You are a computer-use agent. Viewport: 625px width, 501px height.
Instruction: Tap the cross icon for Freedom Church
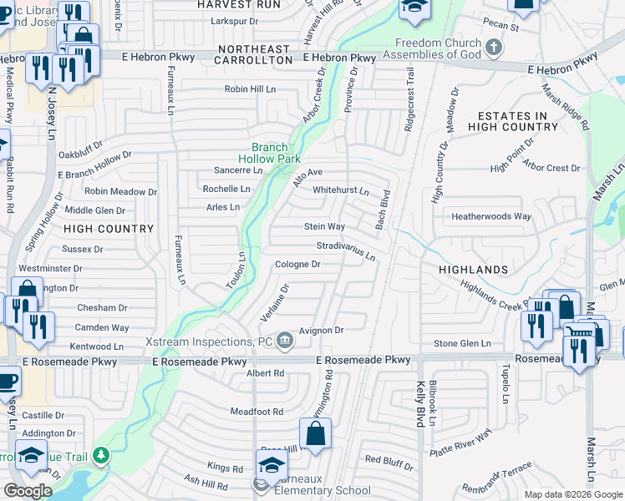click(x=495, y=45)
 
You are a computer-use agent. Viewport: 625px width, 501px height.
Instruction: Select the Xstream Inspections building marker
click(x=285, y=339)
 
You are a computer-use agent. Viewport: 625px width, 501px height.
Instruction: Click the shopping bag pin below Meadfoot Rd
click(x=315, y=433)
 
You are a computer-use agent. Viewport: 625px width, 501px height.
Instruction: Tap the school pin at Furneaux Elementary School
click(x=272, y=465)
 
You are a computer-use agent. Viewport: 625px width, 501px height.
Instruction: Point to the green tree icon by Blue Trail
click(x=101, y=455)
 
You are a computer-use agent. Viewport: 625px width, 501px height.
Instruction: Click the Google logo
click(x=28, y=491)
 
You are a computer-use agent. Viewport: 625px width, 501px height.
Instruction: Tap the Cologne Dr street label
click(x=298, y=265)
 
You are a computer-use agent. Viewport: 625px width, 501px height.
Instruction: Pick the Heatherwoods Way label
click(x=491, y=216)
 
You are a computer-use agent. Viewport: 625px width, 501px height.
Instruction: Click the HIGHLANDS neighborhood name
click(x=474, y=270)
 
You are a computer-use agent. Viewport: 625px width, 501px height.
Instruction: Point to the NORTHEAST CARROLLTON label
click(x=254, y=50)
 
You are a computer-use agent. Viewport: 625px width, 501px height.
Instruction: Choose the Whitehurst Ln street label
click(x=340, y=190)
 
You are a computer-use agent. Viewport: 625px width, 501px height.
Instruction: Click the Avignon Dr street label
click(x=322, y=331)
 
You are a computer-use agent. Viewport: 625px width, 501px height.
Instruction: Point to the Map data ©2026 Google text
click(x=572, y=493)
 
